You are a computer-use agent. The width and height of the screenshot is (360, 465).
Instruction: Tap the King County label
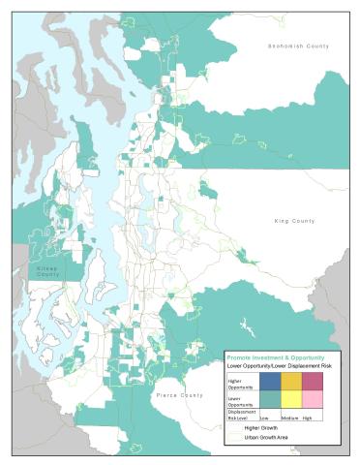click(295, 222)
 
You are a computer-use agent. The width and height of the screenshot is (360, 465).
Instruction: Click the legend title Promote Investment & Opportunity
click(276, 357)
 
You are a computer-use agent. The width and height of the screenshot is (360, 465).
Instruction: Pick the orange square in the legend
click(290, 381)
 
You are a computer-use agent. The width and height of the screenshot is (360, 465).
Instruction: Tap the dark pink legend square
click(313, 381)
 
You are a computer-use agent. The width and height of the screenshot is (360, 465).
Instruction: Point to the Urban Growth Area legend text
click(266, 438)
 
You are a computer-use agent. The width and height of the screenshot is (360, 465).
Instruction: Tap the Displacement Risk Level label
click(240, 414)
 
